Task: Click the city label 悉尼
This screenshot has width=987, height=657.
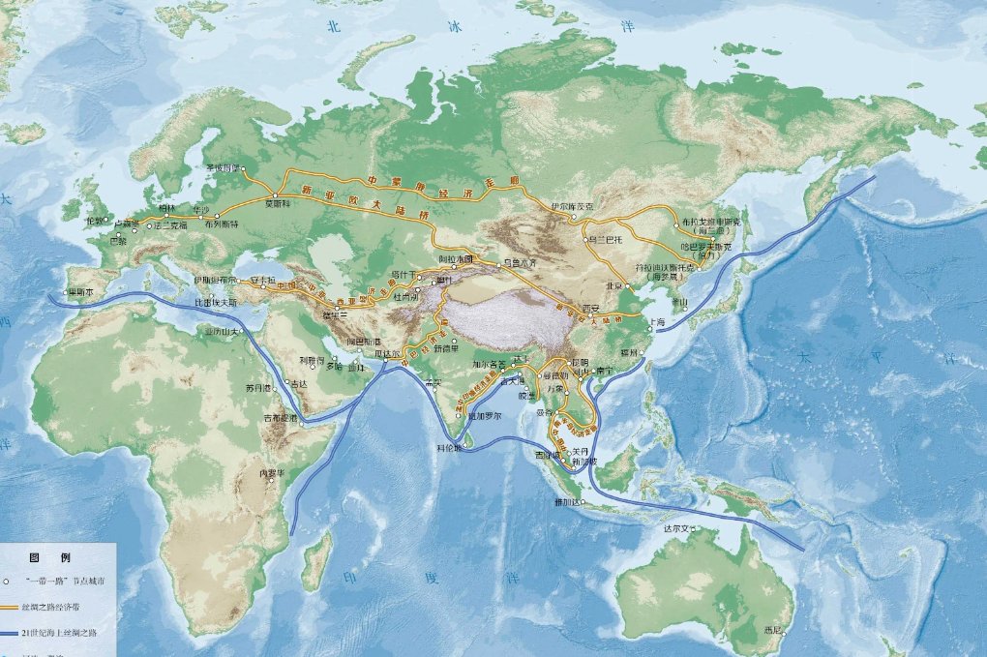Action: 772,630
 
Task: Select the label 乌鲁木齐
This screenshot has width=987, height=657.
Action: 520,263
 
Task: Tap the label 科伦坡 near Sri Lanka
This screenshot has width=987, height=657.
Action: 450,449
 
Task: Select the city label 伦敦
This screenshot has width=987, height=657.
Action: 96,220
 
